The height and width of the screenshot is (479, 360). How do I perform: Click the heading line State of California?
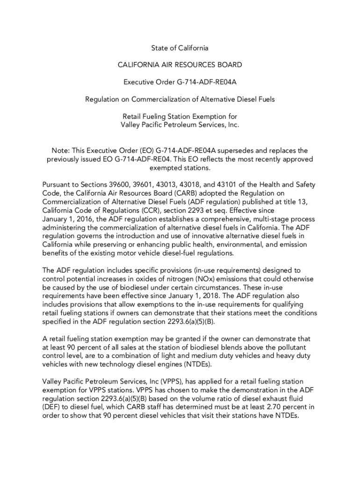click(180, 48)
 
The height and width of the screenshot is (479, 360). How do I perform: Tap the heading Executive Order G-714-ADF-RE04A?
click(180, 82)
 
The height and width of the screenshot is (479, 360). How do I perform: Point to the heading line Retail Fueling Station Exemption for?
click(180, 116)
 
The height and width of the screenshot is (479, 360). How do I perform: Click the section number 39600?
click(107, 185)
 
